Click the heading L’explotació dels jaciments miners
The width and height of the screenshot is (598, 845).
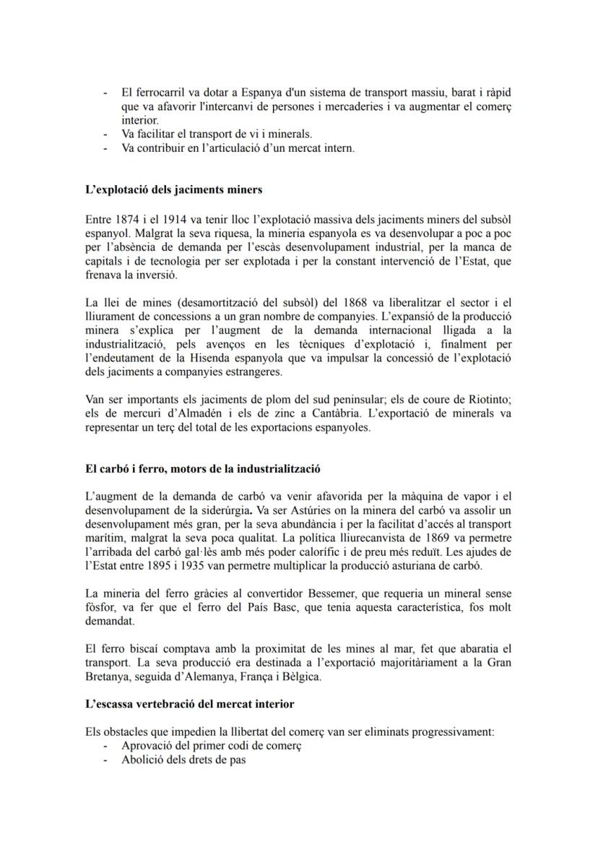pyautogui.click(x=173, y=190)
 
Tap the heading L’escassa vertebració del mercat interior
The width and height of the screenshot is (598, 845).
pyautogui.click(x=189, y=703)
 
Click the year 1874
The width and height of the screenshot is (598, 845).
pyautogui.click(x=123, y=218)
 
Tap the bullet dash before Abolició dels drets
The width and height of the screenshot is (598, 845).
pyautogui.click(x=106, y=760)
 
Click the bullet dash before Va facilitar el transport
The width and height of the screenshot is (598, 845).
pyautogui.click(x=106, y=134)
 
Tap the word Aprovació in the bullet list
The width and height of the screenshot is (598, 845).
pyautogui.click(x=149, y=746)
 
